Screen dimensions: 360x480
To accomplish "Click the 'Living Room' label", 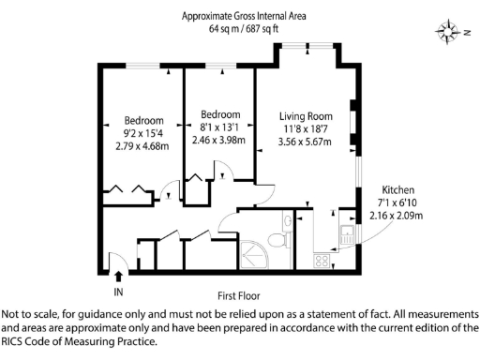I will (305, 115).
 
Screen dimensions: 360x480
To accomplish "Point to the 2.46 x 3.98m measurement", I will (218, 141).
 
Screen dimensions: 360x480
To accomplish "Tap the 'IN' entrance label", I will (118, 292).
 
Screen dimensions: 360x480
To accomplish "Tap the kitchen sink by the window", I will (346, 234).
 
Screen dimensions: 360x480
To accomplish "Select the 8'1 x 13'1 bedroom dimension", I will (218, 127).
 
